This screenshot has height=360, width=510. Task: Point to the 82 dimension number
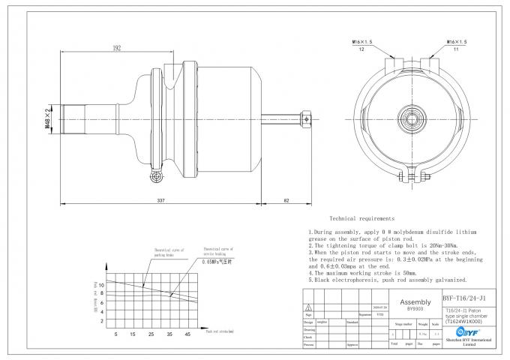(x=286, y=200)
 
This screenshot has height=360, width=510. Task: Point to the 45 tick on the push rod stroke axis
(x=187, y=334)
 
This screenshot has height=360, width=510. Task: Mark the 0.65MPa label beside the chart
(x=217, y=264)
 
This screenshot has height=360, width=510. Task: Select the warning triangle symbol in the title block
(x=307, y=307)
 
